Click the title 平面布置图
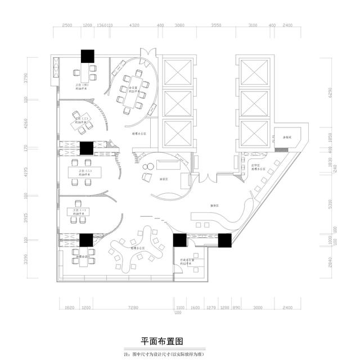tap(162, 341)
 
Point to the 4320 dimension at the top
tap(134, 25)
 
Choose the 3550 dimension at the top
tap(216, 25)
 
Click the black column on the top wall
tap(87, 56)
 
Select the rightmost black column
tap(224, 240)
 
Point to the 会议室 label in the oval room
tap(133, 88)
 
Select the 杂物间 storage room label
tap(287, 137)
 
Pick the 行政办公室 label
tap(188, 261)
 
